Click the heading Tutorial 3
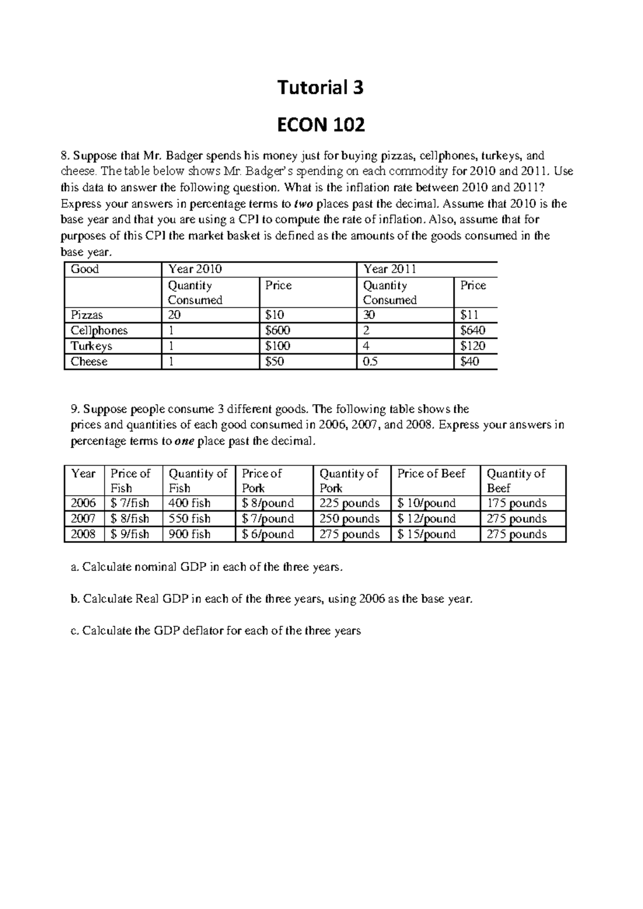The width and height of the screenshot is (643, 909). (320, 87)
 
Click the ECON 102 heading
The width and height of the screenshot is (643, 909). (320, 125)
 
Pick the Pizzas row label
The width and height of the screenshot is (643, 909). (87, 315)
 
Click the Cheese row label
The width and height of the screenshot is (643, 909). (89, 362)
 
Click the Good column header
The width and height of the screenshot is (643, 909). (85, 269)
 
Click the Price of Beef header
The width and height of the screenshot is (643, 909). (431, 474)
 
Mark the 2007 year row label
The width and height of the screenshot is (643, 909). (84, 519)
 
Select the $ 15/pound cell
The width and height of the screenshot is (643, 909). (427, 534)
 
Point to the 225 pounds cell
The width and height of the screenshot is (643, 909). (349, 503)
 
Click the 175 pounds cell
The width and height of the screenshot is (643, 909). (517, 503)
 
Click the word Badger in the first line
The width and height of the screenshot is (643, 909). (183, 156)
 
